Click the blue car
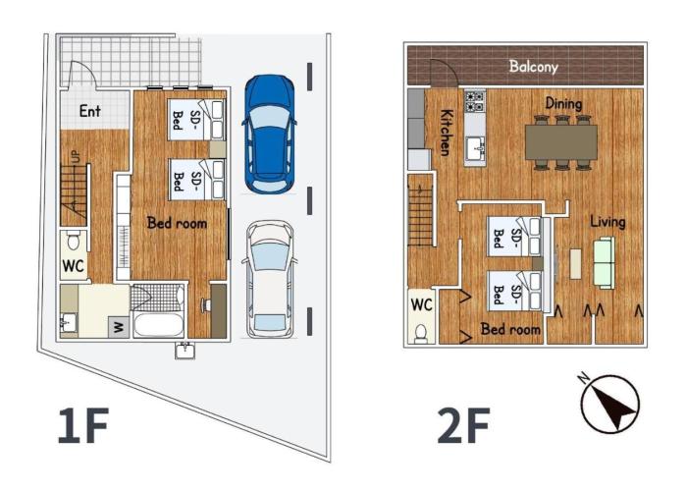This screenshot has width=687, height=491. pyautogui.click(x=269, y=135)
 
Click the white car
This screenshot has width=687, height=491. pyautogui.click(x=269, y=279)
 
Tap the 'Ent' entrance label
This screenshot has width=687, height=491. pyautogui.click(x=90, y=111)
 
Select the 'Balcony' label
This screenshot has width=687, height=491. pyautogui.click(x=533, y=67)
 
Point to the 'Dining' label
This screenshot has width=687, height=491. pyautogui.click(x=563, y=103)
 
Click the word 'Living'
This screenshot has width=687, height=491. pyautogui.click(x=608, y=222)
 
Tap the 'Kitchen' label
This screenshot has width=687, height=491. pyautogui.click(x=447, y=132)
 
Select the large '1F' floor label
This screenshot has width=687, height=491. pyautogui.click(x=83, y=425)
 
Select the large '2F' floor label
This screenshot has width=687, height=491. pyautogui.click(x=463, y=425)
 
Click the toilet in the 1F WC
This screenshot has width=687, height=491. pyautogui.click(x=74, y=241)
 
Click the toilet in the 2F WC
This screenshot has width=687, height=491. pyautogui.click(x=421, y=333)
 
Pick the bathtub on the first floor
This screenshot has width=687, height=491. pyautogui.click(x=158, y=324)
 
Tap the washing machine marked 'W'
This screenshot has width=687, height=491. pyautogui.click(x=119, y=327)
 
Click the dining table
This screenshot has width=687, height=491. pyautogui.click(x=561, y=142)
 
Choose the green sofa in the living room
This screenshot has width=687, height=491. pyautogui.click(x=605, y=263)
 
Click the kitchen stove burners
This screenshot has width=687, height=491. pyautogui.click(x=474, y=101)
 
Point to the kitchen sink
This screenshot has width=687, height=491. pyautogui.click(x=475, y=148)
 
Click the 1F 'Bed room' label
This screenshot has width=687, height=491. pyautogui.click(x=177, y=223)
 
